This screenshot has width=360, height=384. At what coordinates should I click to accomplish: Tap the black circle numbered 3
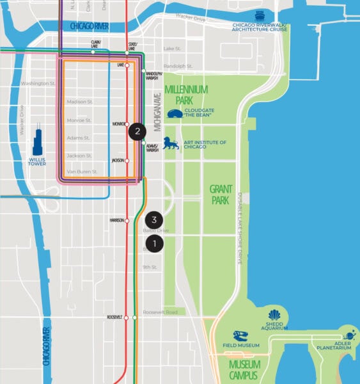(x=154, y=219)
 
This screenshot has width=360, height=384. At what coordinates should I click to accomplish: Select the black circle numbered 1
(x=154, y=243)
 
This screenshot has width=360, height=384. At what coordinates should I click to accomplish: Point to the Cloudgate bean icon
(x=174, y=114)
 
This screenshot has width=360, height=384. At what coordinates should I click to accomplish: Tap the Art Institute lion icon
(x=171, y=143)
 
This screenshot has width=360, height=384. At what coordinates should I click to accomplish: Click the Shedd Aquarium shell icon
(x=274, y=316)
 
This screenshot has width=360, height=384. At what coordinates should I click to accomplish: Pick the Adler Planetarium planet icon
(x=349, y=335)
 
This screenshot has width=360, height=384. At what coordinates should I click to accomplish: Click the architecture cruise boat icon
(x=260, y=16)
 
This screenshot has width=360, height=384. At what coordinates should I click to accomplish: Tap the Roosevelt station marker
(x=127, y=317)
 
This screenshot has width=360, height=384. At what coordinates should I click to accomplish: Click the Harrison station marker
(x=127, y=221)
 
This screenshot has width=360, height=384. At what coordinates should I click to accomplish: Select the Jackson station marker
(x=127, y=161)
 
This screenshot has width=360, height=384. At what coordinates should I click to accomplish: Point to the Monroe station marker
(x=127, y=124)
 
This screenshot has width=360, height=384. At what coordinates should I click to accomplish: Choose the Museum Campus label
(x=244, y=369)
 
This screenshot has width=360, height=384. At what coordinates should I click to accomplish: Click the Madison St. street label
(x=80, y=101)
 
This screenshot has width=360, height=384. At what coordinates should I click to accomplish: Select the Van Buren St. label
(x=82, y=172)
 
